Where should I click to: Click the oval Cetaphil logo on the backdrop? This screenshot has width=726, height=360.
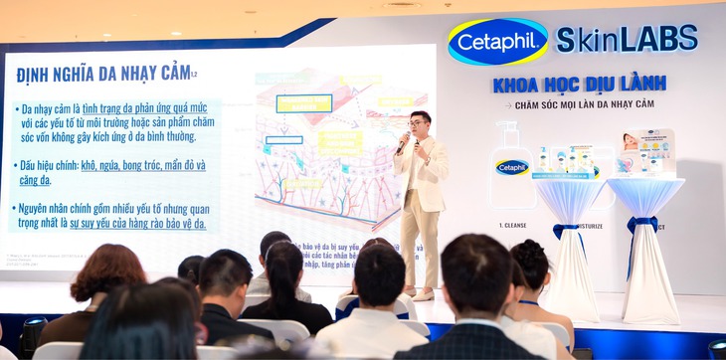point(497,41)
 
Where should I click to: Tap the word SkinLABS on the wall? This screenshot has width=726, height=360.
point(627,40)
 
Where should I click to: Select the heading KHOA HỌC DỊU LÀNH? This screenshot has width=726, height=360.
point(578,84)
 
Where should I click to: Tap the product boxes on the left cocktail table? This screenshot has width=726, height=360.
point(562,160)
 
